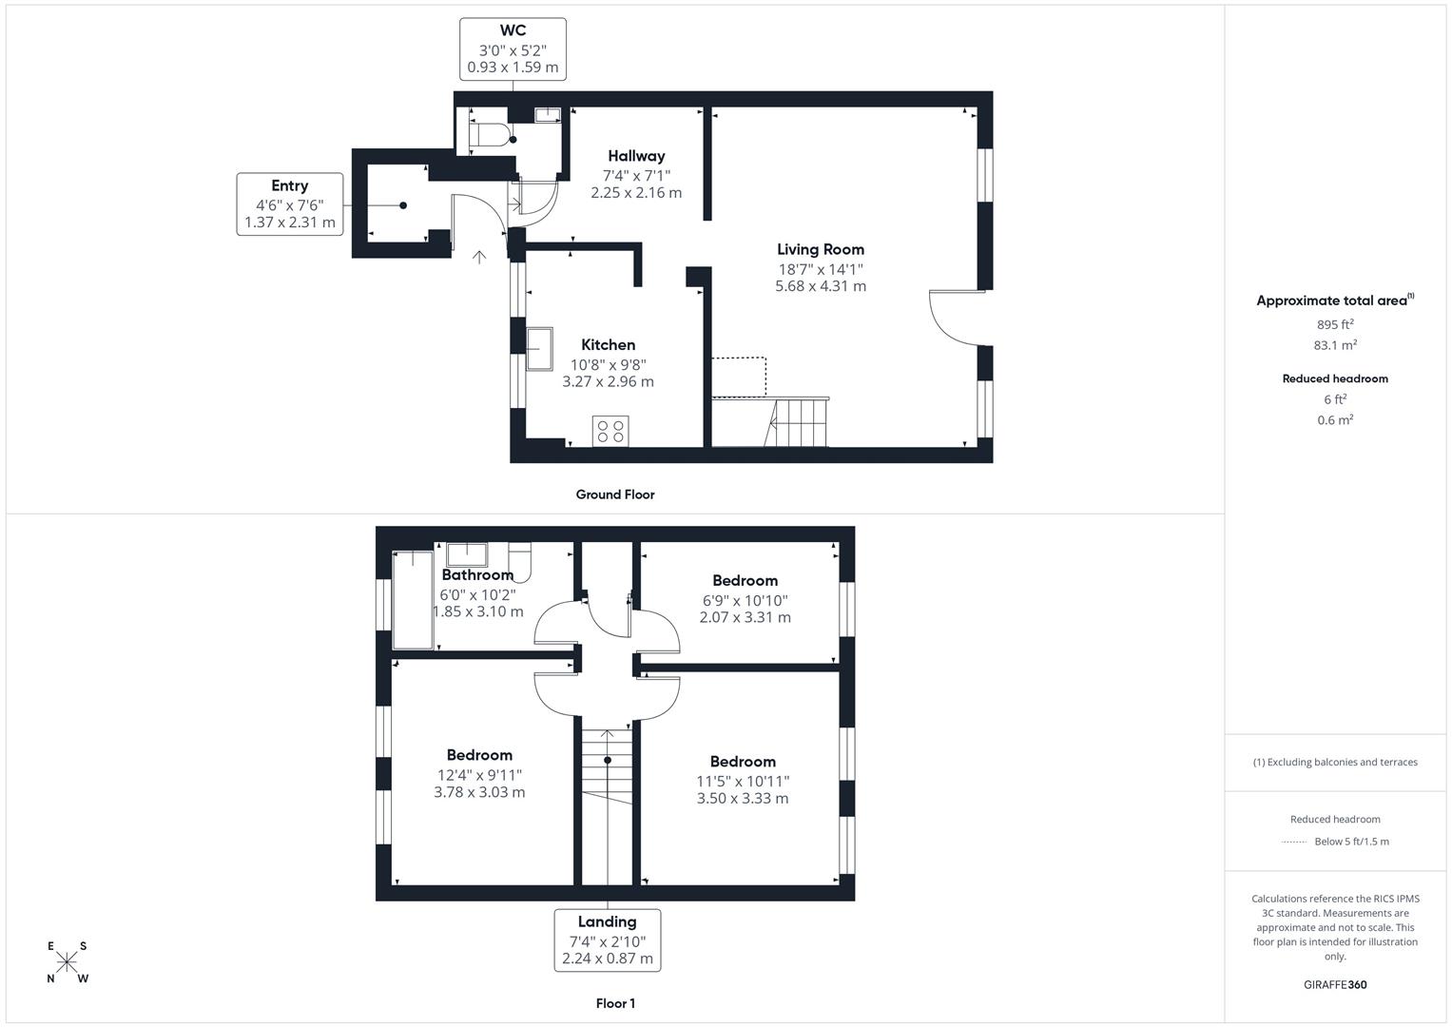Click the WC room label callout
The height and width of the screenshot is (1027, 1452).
pos(513,49)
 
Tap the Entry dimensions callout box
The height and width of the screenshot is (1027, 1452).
pos(290,203)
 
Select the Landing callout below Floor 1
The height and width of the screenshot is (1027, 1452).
pos(607,940)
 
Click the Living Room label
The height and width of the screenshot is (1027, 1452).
pos(821,249)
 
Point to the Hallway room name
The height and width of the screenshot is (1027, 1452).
pos(636,156)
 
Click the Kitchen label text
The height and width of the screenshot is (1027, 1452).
pos(608,344)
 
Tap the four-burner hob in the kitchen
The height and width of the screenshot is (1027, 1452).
pos(610,431)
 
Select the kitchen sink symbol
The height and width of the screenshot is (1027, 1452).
pos(540,348)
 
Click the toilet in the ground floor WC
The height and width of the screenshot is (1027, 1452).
pos(492,134)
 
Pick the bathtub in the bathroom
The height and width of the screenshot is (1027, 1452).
pos(414,599)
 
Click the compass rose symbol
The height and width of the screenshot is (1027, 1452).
pos(67,962)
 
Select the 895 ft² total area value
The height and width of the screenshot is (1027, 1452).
pos(1335,324)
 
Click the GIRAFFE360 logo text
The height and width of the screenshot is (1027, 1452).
pos(1335,984)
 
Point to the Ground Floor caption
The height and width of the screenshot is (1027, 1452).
pos(615,494)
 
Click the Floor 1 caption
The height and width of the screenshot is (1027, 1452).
pos(615,1003)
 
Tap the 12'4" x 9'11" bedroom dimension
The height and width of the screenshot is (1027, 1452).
pos(479,775)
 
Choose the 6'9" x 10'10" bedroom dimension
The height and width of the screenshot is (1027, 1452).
pos(745,600)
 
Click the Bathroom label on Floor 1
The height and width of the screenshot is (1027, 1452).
pos(477,574)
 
